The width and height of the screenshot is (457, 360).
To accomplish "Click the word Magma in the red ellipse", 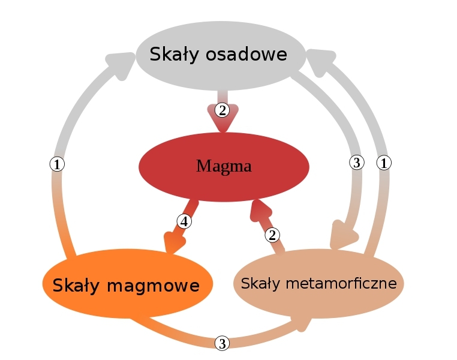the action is click(x=224, y=166).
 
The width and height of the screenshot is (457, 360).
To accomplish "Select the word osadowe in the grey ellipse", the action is click(x=246, y=54).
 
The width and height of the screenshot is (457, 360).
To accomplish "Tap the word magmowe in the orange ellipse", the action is click(x=154, y=286).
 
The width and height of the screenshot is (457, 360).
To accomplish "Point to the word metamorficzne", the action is click(x=341, y=283).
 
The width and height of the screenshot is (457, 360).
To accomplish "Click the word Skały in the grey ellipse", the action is click(x=175, y=55).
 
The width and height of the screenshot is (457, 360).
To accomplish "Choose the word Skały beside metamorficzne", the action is click(x=261, y=284).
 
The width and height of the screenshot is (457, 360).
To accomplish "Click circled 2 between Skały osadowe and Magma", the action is click(x=222, y=110).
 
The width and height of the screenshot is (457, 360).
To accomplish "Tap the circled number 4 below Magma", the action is click(x=184, y=221).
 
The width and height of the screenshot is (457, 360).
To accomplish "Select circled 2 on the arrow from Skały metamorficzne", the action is click(x=272, y=235).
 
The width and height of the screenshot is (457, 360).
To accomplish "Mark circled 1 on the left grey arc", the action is click(x=57, y=164).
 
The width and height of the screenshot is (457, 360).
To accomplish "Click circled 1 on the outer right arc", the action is click(x=384, y=163).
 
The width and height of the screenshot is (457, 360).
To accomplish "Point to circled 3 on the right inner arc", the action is click(x=357, y=163).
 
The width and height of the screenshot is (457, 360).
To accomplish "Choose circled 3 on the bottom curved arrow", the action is click(x=222, y=343).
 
